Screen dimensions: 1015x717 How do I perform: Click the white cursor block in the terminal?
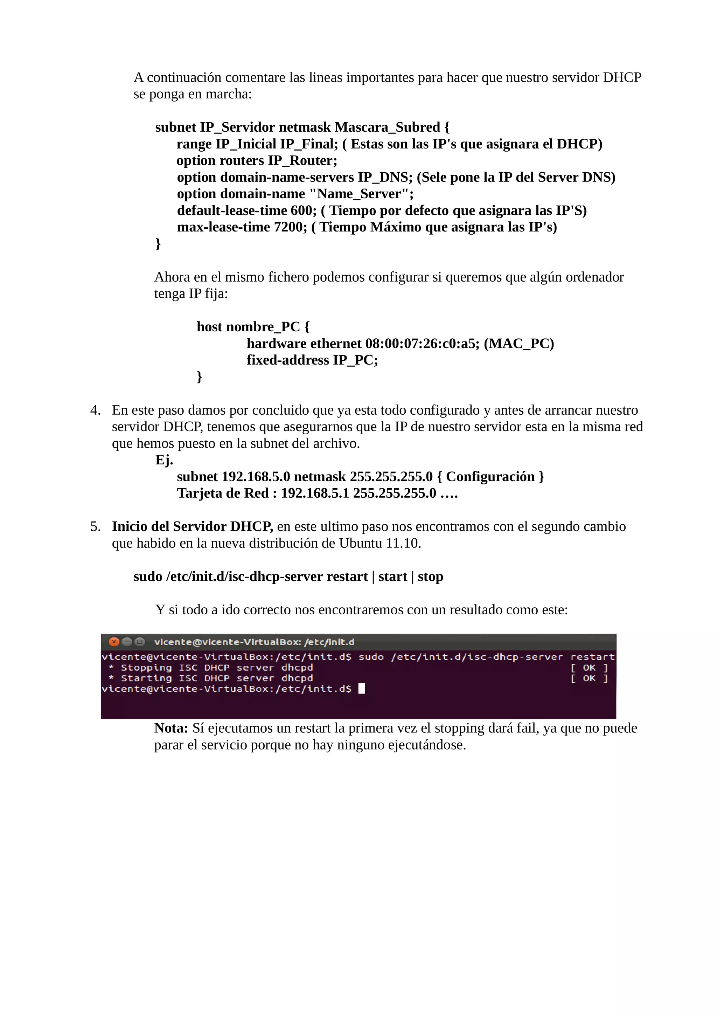click(x=361, y=688)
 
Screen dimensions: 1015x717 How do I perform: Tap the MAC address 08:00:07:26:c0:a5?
click(x=422, y=344)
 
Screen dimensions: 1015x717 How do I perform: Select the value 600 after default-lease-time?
click(x=302, y=210)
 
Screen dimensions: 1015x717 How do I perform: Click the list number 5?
click(x=95, y=526)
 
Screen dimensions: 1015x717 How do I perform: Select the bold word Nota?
click(x=171, y=728)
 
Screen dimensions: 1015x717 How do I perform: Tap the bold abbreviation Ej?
click(x=164, y=460)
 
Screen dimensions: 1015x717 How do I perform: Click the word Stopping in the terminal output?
click(x=146, y=668)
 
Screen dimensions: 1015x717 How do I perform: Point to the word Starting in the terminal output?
click(x=146, y=678)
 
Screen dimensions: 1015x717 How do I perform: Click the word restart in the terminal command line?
click(x=592, y=657)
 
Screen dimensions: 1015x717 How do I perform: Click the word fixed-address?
click(x=287, y=360)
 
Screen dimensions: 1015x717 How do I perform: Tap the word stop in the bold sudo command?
click(x=430, y=576)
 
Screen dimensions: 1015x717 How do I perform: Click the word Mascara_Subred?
click(x=388, y=127)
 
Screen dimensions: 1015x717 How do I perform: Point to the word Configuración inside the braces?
click(x=490, y=477)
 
